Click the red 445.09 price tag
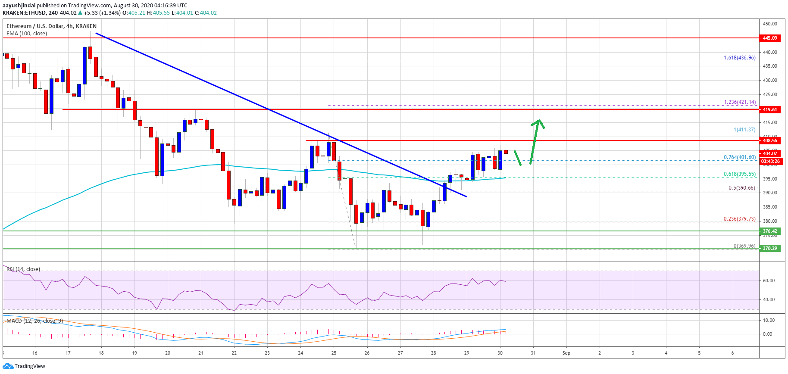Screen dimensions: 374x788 [x=769, y=38]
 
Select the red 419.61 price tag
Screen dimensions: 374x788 [x=769, y=109]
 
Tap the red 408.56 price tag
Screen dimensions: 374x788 [x=769, y=140]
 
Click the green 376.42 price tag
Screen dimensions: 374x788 [x=769, y=231]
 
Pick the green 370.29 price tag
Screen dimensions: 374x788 [x=769, y=248]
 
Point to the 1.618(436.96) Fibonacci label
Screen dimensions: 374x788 [x=739, y=58]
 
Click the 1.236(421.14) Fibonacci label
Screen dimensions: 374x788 [x=739, y=102]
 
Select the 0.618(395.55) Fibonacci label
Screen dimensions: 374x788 [x=739, y=174]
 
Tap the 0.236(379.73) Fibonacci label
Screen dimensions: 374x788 [x=739, y=219]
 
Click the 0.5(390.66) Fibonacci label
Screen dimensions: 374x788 [x=741, y=188]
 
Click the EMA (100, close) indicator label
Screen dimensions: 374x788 [x=27, y=34]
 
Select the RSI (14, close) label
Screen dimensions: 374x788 [x=23, y=269]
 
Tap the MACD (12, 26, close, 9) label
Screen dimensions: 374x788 [x=34, y=321]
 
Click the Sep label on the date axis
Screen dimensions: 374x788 [x=566, y=353]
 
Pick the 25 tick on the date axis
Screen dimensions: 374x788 [x=334, y=353]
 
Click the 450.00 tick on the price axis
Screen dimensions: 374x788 [x=770, y=24]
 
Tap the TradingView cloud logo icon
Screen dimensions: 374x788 [x=8, y=366]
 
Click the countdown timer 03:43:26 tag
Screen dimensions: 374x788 [x=770, y=162]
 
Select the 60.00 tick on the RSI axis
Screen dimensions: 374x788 [x=769, y=280]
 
